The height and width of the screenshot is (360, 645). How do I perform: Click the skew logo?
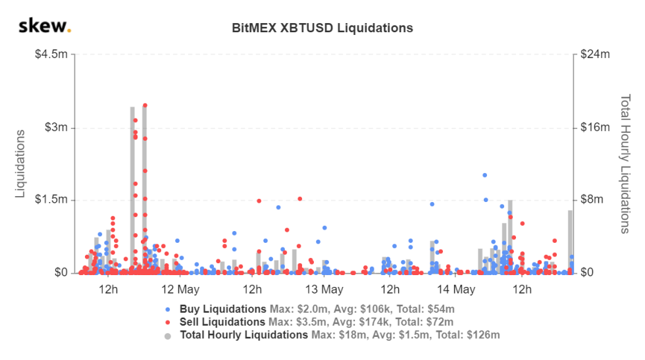coord(44,26)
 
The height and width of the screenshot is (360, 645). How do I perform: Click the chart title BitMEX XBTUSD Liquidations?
coord(322,28)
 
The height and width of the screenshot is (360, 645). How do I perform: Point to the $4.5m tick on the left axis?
coord(51,55)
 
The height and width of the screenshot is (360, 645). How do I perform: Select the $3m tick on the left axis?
coord(56,127)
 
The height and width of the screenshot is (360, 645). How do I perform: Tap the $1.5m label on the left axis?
coord(51,199)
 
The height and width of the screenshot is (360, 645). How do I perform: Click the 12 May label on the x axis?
coord(180,290)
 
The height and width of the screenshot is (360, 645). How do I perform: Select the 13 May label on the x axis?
coord(324,290)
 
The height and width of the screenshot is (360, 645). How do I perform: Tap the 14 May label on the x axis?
coord(455,290)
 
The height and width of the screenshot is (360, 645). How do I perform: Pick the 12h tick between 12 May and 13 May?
coord(251,290)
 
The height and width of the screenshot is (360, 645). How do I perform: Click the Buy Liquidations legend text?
coord(222,309)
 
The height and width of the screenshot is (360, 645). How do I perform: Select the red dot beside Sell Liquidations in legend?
coord(168,322)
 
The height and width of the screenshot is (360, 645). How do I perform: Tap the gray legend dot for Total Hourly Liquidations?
coord(168,335)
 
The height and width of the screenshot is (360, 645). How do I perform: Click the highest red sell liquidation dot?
coord(145,105)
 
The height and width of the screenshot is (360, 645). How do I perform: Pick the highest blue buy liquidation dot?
coord(484,175)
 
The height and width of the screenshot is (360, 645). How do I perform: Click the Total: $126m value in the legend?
coord(476,335)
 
